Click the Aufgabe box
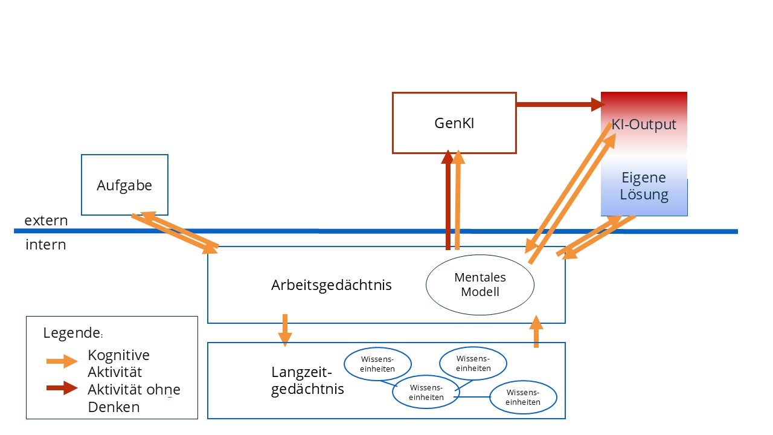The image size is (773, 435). tap(124, 185)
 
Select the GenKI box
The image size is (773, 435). tap(454, 123)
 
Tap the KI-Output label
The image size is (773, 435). tap(644, 124)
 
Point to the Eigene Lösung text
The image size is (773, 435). tap(644, 186)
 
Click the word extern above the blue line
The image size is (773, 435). tap(46, 221)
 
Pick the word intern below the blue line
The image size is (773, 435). tap(46, 245)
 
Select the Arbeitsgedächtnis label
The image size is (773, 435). tap(331, 285)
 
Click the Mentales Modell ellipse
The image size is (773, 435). tap(480, 285)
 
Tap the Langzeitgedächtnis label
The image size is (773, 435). tap(307, 380)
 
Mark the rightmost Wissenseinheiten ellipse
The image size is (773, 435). tap(523, 397)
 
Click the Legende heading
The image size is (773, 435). tap(71, 332)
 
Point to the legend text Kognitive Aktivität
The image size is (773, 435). tap(118, 363)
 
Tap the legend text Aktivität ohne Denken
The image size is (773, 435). tap(133, 398)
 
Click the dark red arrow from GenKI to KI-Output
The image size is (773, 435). tap(559, 105)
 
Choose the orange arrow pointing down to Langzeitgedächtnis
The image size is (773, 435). tap(285, 330)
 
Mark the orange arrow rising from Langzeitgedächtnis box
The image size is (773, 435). tap(536, 332)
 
